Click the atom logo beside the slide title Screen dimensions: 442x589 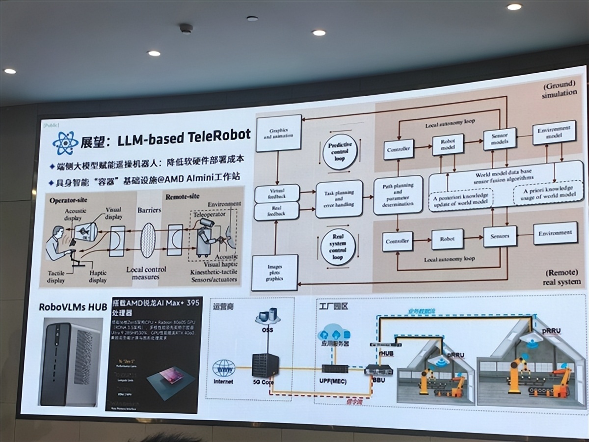tap(66, 143)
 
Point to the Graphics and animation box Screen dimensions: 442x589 tap(278, 134)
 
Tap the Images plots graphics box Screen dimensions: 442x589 tap(275, 273)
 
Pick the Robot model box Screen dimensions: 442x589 tap(447, 144)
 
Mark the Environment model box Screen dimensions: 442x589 tap(554, 133)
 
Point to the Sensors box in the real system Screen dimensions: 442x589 tap(500, 236)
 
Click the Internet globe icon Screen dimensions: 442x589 tap(224, 367)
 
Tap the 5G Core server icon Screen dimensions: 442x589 tap(265, 365)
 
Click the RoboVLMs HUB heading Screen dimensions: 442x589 tap(73, 308)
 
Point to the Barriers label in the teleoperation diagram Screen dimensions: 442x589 tap(149, 210)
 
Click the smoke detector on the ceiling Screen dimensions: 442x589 tap(186, 29)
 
